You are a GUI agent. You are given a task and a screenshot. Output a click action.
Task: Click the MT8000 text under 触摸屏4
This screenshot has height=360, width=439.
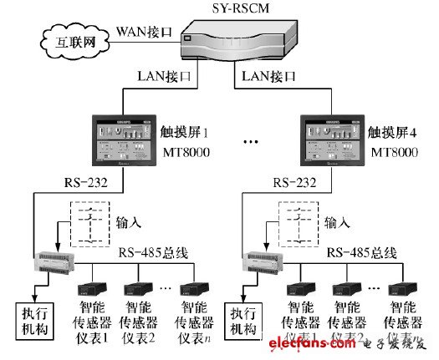(x=392, y=153)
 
